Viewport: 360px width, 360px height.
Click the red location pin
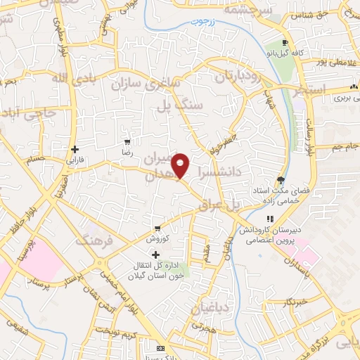point(181,165)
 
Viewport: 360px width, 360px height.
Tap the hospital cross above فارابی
point(75,149)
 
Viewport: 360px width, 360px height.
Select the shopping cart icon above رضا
point(127,141)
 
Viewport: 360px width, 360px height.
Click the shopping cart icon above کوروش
point(157,229)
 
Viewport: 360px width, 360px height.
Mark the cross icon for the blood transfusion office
point(155,254)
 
